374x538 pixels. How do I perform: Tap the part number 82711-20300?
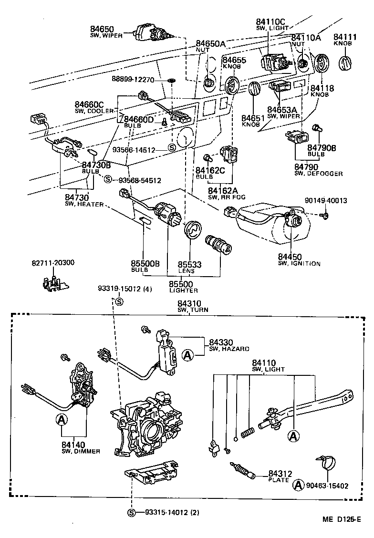tap(53, 262)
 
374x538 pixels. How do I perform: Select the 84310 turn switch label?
tap(190, 303)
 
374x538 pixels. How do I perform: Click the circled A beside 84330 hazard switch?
tap(188, 355)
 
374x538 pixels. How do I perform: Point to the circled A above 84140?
tap(61, 419)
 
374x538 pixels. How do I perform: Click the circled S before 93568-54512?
tap(108, 180)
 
